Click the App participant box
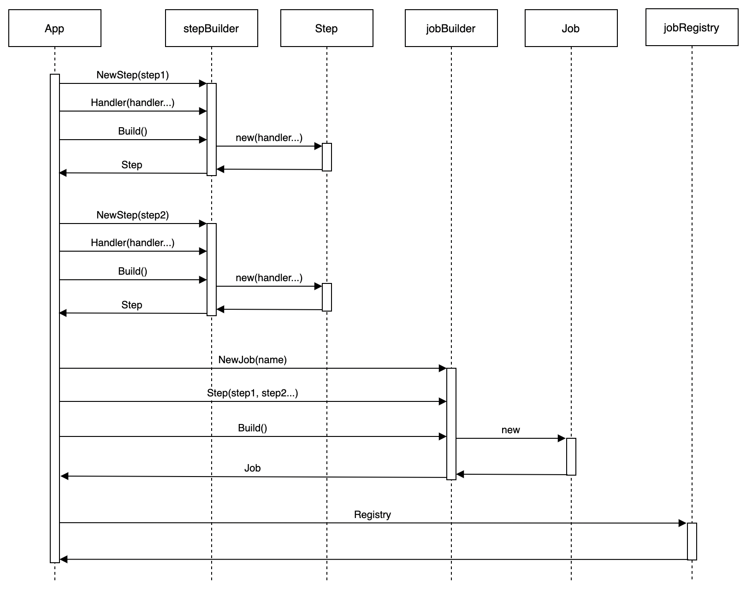point(54,28)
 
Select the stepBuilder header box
point(211,28)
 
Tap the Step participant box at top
point(326,28)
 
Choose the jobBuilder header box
point(451,28)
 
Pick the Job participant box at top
point(571,28)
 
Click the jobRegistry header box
point(692,27)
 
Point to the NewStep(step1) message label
point(132,75)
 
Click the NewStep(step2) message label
point(132,215)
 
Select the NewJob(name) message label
point(252,360)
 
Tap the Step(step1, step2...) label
point(252,393)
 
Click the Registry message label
point(372,515)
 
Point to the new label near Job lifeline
point(510,430)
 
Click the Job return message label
point(252,468)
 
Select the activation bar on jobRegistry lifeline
point(692,541)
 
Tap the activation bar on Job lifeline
point(571,456)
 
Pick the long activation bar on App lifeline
point(54,318)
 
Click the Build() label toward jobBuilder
point(252,428)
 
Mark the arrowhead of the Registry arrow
point(683,523)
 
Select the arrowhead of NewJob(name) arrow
point(443,368)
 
